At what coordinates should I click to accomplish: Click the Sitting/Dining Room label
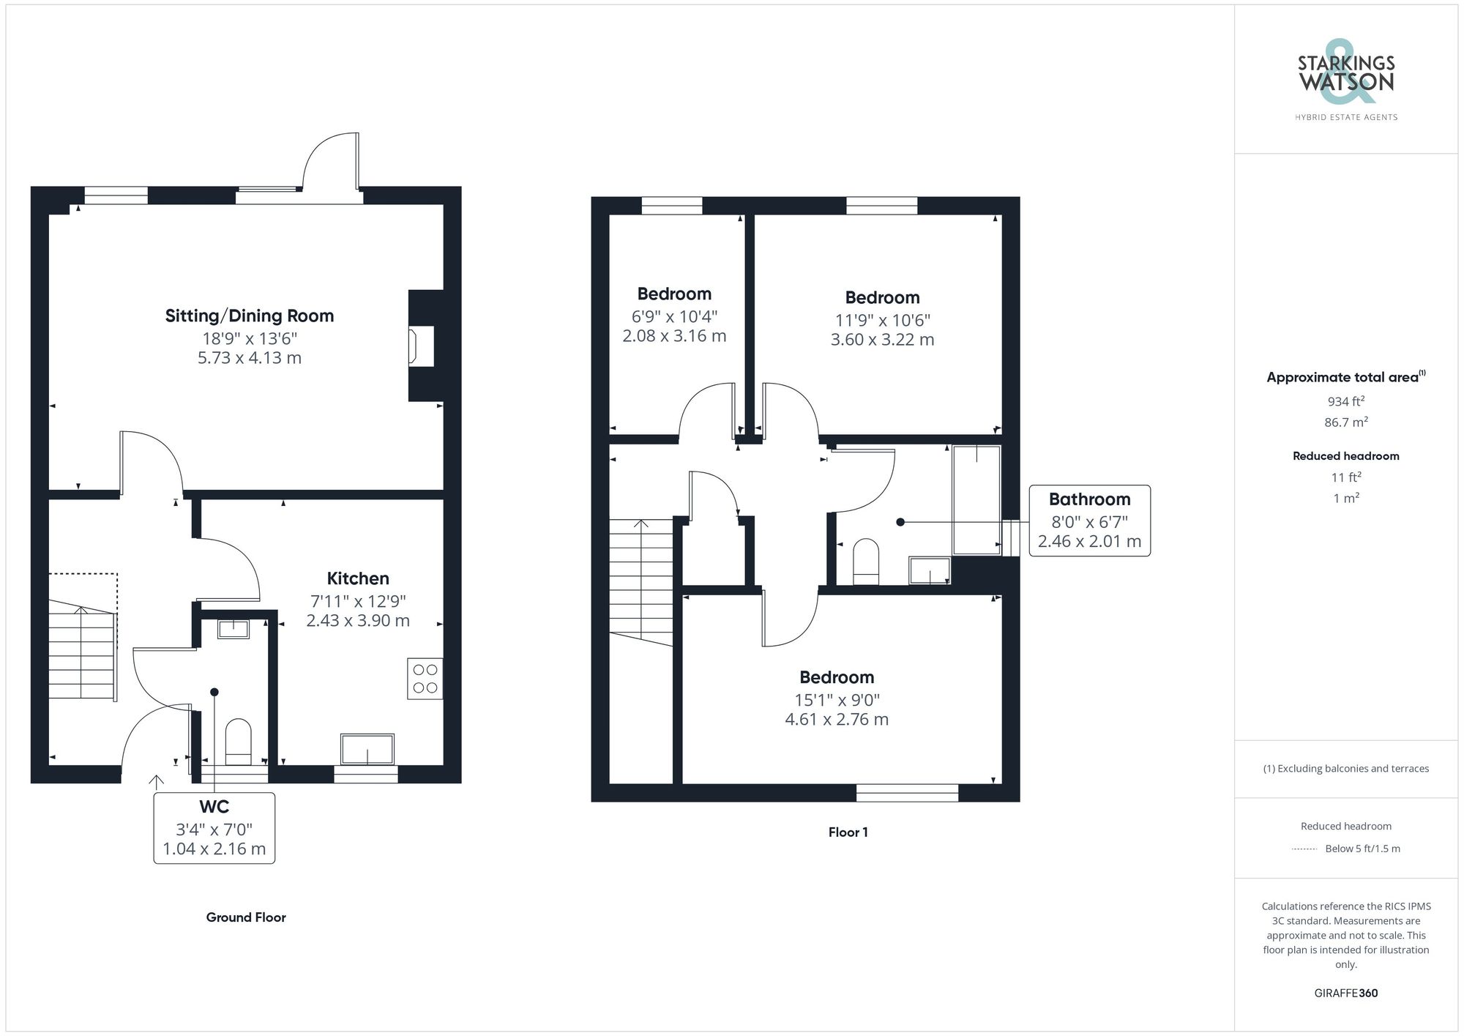(x=250, y=316)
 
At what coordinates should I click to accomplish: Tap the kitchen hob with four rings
(x=425, y=679)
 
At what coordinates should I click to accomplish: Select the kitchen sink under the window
(x=367, y=749)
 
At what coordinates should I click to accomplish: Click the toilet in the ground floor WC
(x=238, y=741)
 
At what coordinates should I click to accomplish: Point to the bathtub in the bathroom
(x=976, y=500)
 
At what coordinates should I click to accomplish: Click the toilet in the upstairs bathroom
(x=866, y=561)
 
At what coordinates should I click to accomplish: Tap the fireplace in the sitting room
(x=421, y=346)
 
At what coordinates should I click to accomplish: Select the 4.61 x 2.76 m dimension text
(x=837, y=720)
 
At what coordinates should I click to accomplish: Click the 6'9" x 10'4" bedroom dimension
(x=674, y=317)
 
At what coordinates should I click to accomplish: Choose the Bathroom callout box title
(x=1089, y=499)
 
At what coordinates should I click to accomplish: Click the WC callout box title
(x=214, y=807)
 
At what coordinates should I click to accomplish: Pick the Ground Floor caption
(x=246, y=917)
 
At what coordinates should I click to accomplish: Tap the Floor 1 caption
(x=848, y=832)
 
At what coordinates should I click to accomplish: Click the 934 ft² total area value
(x=1345, y=401)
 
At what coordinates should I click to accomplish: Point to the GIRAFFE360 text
(x=1345, y=993)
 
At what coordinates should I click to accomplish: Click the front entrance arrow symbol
(x=156, y=781)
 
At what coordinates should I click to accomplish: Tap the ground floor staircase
(x=82, y=652)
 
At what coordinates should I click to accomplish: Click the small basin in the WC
(x=234, y=628)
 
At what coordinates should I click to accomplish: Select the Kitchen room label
(x=358, y=578)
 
